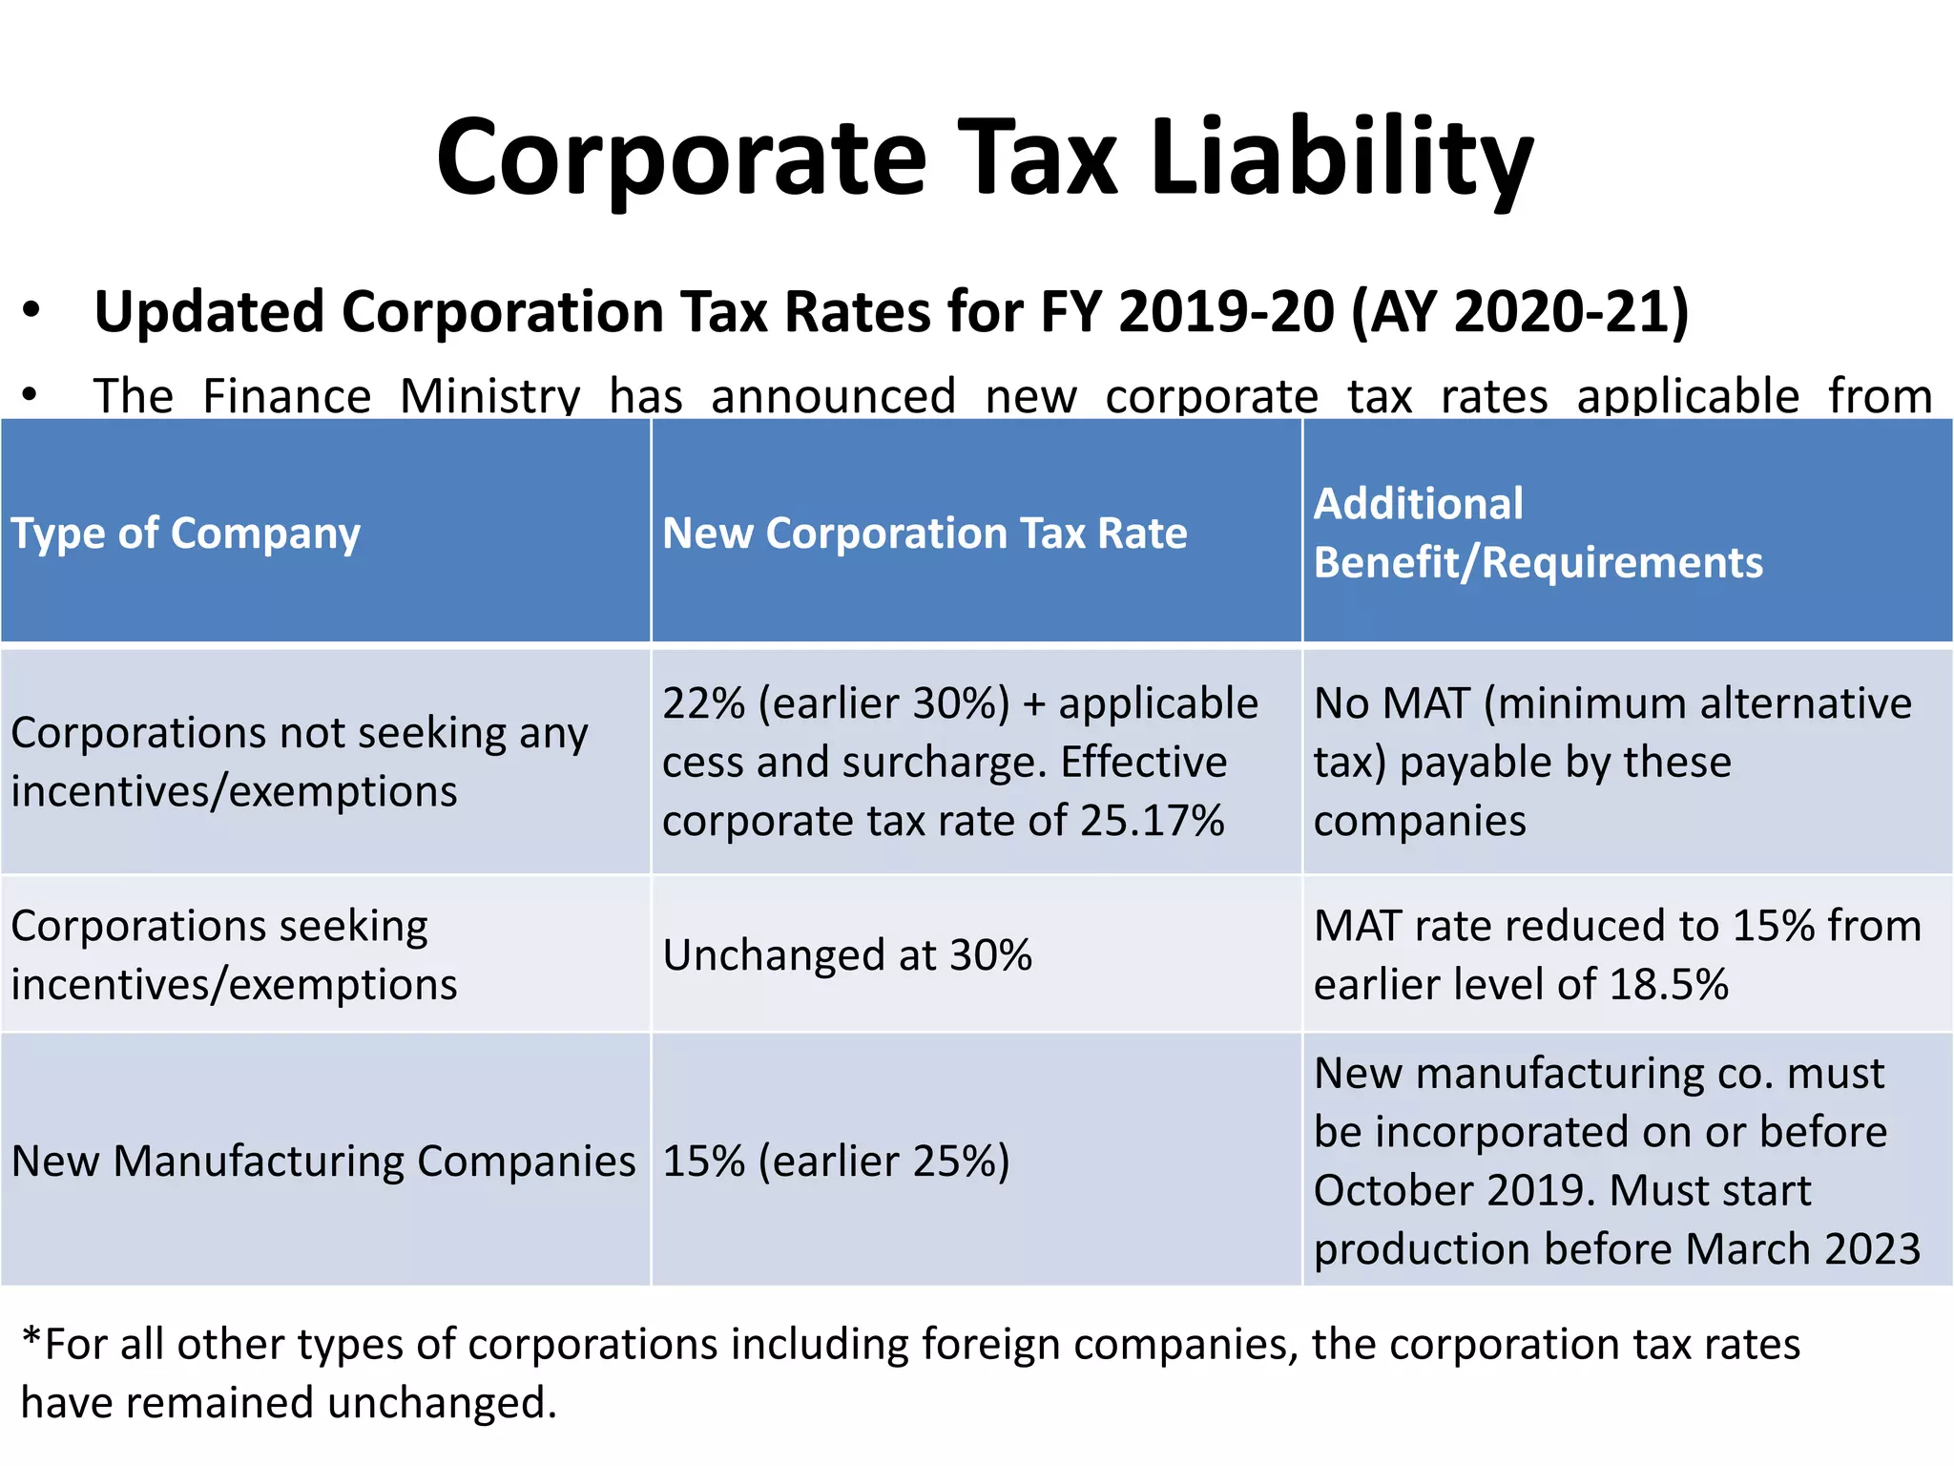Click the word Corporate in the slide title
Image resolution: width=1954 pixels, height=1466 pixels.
[x=680, y=157]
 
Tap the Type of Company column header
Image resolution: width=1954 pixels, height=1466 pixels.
[x=186, y=533]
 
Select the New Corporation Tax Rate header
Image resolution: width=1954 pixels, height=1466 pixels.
[x=925, y=533]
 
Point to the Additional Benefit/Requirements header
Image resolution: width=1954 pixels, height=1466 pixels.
[x=1537, y=533]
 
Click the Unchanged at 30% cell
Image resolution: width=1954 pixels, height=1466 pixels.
[x=847, y=954]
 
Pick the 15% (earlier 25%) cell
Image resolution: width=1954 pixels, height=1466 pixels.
[x=836, y=1161]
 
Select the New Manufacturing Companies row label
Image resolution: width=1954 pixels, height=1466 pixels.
[x=323, y=1161]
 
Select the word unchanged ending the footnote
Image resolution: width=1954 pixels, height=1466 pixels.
[x=436, y=1403]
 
